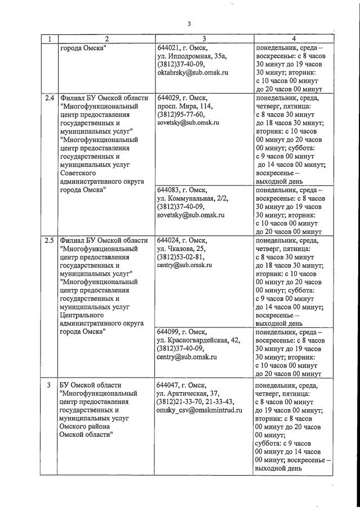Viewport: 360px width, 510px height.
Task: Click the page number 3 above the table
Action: coord(190,24)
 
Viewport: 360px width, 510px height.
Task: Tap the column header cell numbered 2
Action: coord(105,39)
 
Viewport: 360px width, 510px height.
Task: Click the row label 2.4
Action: coord(50,97)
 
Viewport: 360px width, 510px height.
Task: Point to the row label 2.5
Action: coord(50,240)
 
